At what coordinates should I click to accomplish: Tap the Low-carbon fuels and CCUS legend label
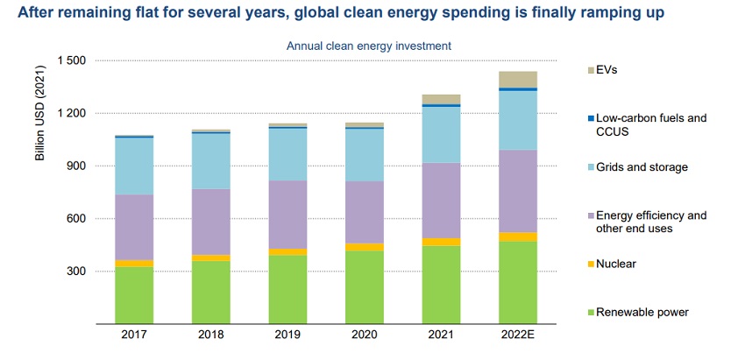click(645, 124)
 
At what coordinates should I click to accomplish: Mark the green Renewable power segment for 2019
click(287, 289)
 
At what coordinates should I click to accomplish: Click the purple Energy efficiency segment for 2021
click(442, 201)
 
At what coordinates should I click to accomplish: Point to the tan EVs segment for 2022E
click(518, 79)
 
